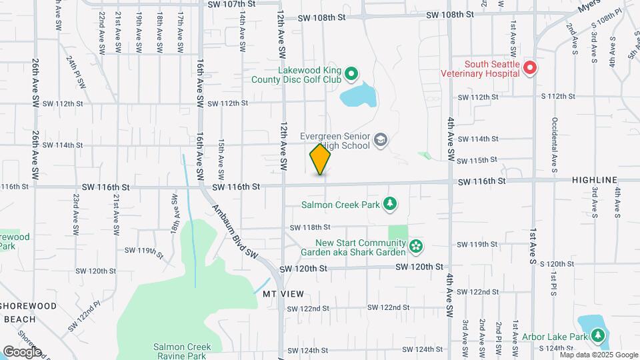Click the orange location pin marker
pos(320,158)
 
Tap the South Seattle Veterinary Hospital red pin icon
pos(530,67)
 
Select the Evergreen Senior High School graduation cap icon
pos(380,139)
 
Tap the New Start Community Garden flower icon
pos(416,247)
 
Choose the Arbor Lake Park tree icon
pos(598,337)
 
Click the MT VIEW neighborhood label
pos(283,294)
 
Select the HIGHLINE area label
pos(595,180)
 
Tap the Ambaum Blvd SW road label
pos(236,231)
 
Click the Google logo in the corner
pos(22,352)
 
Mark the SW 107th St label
pos(233,4)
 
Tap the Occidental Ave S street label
pos(553,143)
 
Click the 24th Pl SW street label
pos(76,72)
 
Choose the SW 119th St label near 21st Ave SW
pos(144,251)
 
